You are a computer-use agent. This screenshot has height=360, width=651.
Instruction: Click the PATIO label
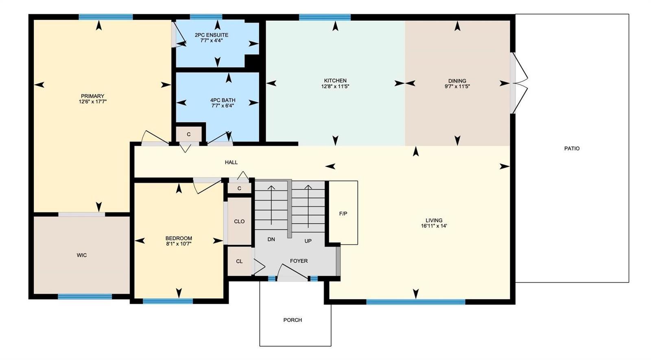[572, 148]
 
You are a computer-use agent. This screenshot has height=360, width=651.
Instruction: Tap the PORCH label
[293, 320]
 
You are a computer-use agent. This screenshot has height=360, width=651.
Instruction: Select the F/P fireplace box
[343, 213]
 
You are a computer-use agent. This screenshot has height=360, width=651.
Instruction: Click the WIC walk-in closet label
[82, 255]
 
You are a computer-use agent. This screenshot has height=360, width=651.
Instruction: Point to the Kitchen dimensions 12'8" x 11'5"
[335, 86]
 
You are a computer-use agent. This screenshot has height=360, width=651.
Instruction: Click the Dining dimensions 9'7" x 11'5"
[457, 86]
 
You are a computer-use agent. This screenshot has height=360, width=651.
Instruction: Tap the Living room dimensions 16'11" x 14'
[434, 226]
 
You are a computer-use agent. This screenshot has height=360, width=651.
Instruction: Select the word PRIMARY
[92, 96]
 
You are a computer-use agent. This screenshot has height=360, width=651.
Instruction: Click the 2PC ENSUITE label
[212, 35]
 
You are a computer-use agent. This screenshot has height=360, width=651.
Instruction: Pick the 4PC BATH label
[223, 100]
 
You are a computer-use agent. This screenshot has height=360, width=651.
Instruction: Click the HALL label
[232, 162]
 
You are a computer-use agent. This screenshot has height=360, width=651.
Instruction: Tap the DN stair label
[271, 240]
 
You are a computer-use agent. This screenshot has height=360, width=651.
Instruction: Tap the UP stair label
[308, 241]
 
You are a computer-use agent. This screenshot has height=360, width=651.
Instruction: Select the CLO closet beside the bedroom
[240, 221]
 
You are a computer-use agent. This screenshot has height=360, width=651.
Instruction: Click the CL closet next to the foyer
[240, 261]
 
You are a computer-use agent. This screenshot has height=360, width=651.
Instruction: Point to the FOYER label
[299, 261]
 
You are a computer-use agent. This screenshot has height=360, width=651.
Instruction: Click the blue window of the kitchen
[325, 17]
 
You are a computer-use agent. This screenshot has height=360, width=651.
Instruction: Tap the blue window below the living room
[416, 302]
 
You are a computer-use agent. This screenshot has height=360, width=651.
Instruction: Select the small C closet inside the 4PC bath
[189, 134]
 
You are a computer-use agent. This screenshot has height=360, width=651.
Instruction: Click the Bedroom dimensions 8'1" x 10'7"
[179, 244]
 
